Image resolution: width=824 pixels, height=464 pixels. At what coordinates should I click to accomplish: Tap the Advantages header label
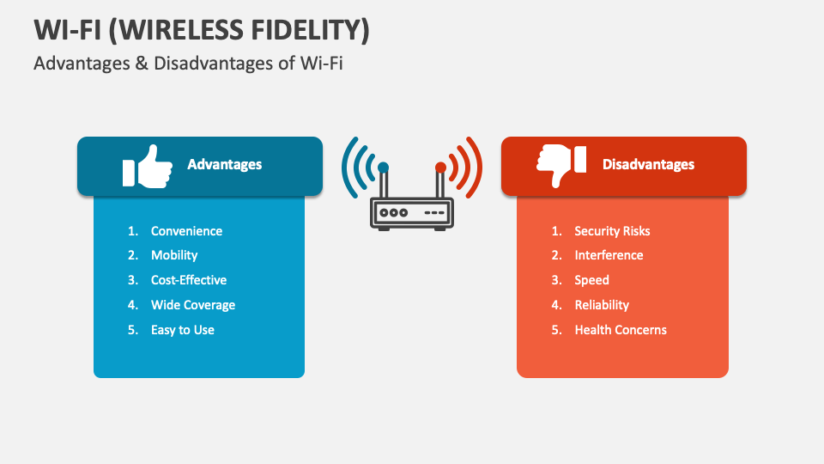pos(224,164)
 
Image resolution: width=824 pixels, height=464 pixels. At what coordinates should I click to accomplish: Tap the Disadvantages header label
pos(648,164)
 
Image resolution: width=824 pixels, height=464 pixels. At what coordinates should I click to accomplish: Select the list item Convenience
pos(186,231)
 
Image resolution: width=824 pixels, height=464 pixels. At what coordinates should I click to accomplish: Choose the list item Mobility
pos(174,255)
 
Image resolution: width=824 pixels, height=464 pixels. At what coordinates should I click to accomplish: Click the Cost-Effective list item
pos(189,280)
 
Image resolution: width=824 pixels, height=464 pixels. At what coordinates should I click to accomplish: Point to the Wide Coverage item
pos(193,305)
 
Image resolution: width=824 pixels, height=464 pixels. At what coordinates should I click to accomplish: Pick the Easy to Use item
pos(183,330)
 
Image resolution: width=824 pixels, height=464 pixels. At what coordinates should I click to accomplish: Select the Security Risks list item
pos(612,231)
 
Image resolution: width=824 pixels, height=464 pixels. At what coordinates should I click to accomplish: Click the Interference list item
pos(609,255)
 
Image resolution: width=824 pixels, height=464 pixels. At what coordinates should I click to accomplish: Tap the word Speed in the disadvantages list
pos(591,280)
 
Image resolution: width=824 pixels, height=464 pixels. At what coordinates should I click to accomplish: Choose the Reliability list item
pos(602,305)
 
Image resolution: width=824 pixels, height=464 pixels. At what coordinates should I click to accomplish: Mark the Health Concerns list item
pos(621,330)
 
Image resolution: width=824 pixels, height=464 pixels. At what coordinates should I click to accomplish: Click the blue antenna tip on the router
pos(383,168)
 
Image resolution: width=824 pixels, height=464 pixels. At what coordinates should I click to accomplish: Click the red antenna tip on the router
pos(440,168)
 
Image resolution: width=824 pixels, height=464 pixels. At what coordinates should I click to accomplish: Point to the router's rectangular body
pos(412,211)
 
